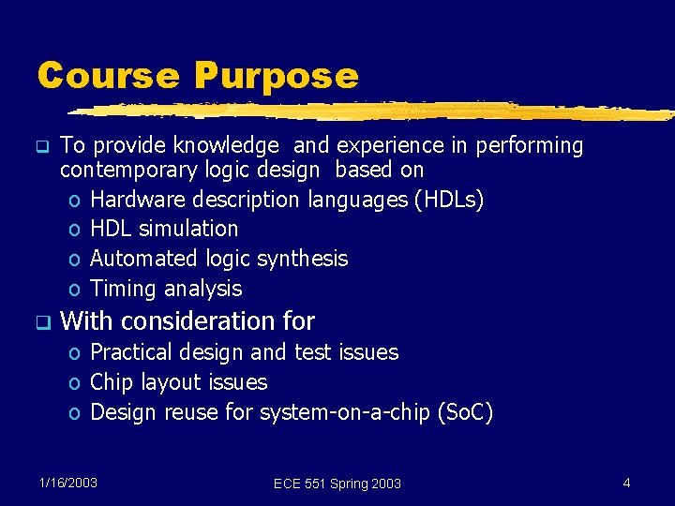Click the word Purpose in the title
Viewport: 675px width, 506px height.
[276, 76]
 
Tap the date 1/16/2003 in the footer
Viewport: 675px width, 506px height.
[68, 483]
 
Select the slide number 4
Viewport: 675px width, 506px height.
[626, 483]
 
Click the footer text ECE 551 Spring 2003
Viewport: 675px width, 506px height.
[337, 484]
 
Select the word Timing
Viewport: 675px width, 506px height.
[120, 289]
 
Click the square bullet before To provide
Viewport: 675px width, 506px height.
[40, 147]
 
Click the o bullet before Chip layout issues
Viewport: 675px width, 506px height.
[74, 383]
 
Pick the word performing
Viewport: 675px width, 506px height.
[530, 146]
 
